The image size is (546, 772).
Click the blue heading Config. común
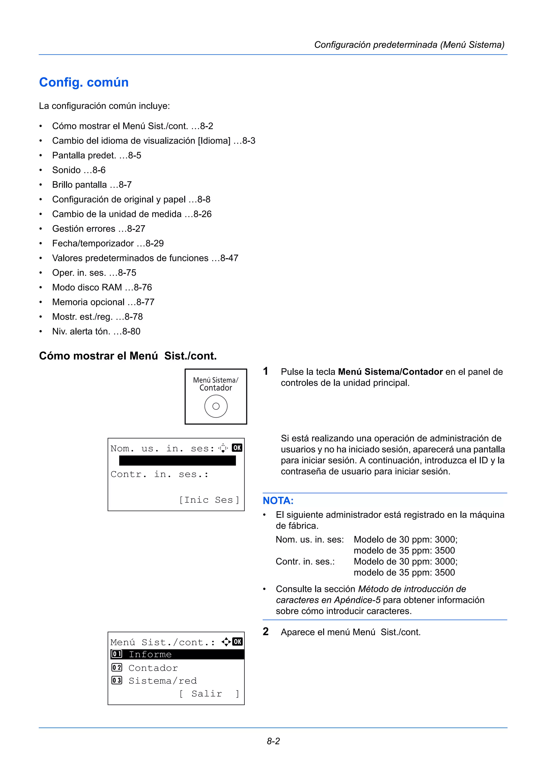click(x=84, y=82)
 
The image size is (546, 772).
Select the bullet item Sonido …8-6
click(x=79, y=170)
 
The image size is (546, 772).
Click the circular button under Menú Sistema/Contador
click(x=216, y=406)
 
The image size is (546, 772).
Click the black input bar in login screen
click(x=177, y=461)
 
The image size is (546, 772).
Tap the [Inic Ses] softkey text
click(x=209, y=500)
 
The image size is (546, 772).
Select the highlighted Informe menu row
click(x=177, y=654)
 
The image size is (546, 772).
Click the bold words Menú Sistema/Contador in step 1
click(x=390, y=372)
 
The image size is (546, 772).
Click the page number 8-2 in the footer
click(x=273, y=741)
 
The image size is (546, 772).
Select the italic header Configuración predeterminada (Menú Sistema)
click(x=409, y=45)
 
